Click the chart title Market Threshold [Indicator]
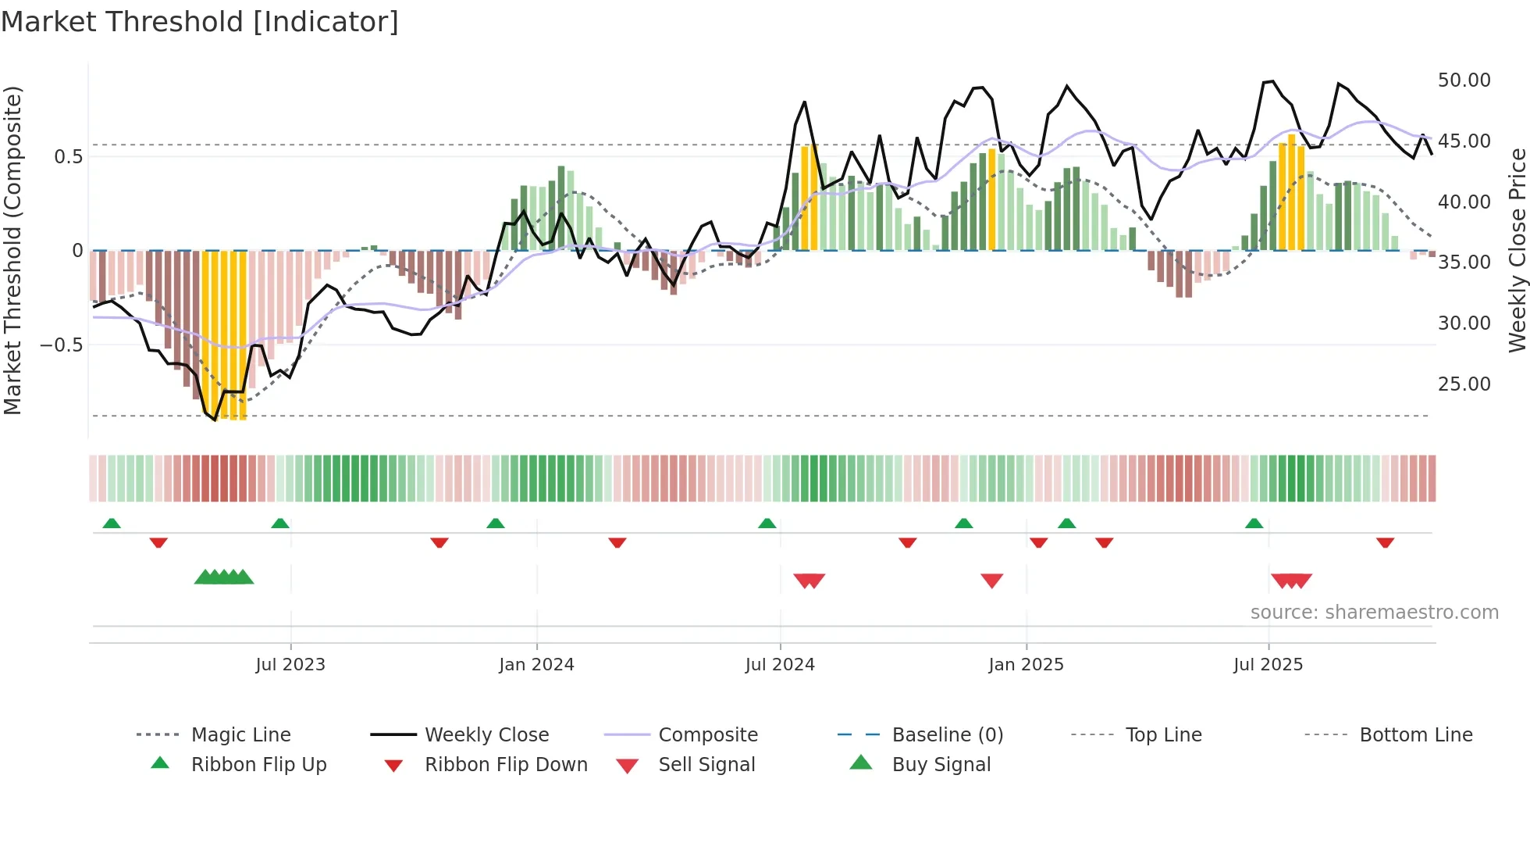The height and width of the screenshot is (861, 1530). [x=200, y=22]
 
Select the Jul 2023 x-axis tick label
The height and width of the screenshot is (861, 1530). [x=290, y=665]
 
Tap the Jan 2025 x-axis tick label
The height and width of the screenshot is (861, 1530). [x=1026, y=665]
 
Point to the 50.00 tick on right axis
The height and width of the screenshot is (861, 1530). [x=1464, y=80]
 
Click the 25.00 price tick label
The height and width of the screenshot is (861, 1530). [x=1464, y=384]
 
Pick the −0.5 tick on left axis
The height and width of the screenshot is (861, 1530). [x=62, y=345]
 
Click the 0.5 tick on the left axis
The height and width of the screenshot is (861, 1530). [x=68, y=157]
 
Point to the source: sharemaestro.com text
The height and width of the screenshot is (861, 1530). [x=1374, y=613]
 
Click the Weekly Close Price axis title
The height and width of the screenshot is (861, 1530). [x=1517, y=250]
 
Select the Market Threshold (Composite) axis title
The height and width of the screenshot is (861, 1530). [x=12, y=250]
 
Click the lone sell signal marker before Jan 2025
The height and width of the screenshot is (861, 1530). [x=991, y=581]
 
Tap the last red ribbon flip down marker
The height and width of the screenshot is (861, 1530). [x=1385, y=542]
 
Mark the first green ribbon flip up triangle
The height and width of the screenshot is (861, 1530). [x=112, y=523]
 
